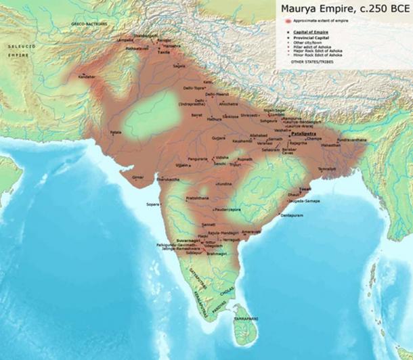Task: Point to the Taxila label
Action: click(163, 51)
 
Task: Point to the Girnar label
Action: click(138, 177)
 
